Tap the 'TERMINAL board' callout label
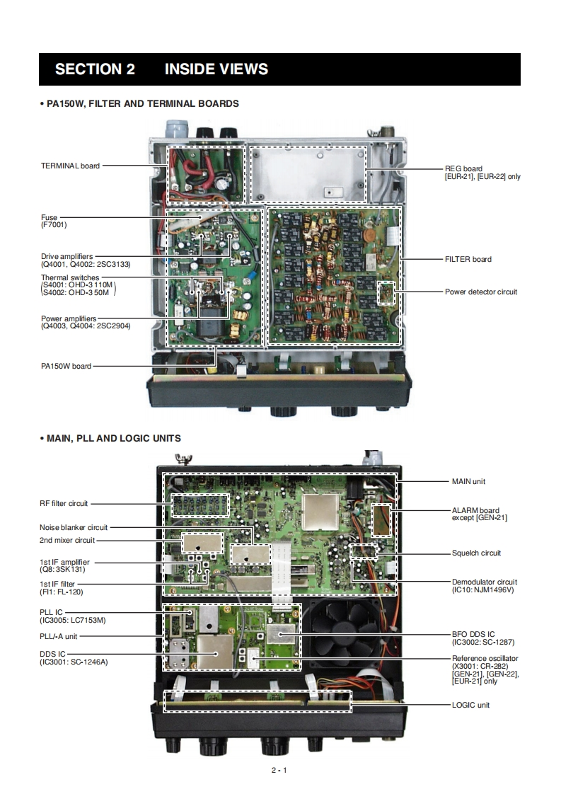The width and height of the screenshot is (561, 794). pos(70,166)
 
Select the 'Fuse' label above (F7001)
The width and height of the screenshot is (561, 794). pos(49,217)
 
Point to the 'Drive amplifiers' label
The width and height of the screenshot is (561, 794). pos(66,256)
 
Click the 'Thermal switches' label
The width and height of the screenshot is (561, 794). pos(70,277)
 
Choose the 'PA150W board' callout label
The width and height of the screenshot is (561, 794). pos(66,366)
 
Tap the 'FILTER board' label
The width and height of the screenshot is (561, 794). pos(468,259)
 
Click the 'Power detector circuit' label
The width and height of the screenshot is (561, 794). pos(480,292)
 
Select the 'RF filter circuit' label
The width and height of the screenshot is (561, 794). pos(64,504)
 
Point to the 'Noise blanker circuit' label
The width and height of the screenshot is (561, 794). pos(74,527)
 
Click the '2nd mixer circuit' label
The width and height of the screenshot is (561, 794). pos(66,540)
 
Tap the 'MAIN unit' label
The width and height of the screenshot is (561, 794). pos(468,481)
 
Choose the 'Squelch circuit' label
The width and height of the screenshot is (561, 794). pos(476,553)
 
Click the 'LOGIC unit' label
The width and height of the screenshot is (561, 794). pos(470,705)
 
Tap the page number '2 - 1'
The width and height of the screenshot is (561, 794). pos(279,770)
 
